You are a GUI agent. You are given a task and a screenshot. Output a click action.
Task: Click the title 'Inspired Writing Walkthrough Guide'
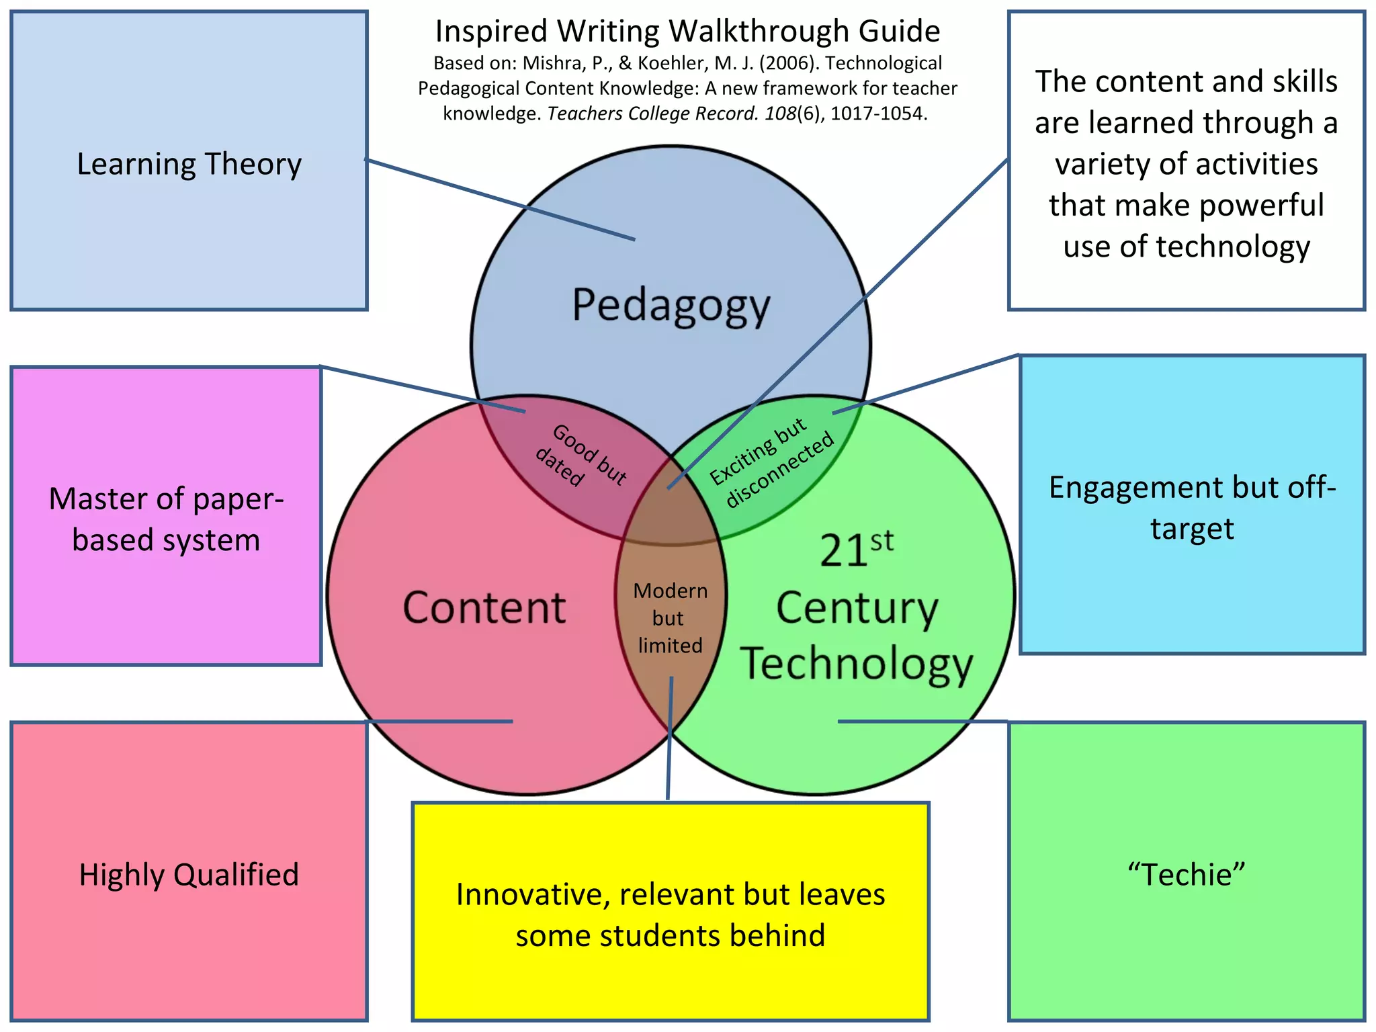pos(687,32)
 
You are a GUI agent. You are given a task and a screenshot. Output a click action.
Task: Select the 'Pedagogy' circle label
pos(671,306)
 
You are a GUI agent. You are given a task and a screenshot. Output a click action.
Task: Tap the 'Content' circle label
pos(484,608)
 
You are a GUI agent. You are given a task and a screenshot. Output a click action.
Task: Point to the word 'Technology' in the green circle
pos(857,664)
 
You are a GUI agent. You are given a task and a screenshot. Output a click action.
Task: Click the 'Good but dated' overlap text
pos(581,456)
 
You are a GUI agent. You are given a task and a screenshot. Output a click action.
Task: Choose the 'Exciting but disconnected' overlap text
pos(773,462)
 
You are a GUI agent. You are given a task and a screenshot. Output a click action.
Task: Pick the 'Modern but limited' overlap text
pos(670,618)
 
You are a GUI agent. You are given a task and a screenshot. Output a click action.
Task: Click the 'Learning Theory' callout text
pos(189,164)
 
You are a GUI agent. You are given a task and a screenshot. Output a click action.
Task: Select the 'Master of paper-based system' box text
pos(166,519)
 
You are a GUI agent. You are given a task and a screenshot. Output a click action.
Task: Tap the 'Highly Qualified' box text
pos(189,875)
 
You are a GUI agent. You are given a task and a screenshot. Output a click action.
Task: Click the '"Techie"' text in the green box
pos(1186,875)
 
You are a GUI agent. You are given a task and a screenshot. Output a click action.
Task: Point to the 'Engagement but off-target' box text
pos(1192,508)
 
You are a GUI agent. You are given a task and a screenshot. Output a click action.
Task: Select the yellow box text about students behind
pos(670,915)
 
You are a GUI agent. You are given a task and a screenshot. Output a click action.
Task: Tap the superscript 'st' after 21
pos(881,542)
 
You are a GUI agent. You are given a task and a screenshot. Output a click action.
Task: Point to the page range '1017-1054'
pos(878,114)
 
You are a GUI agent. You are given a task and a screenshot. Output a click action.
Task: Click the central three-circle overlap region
pos(671,514)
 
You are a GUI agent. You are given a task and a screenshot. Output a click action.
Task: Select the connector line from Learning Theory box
pos(501,200)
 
